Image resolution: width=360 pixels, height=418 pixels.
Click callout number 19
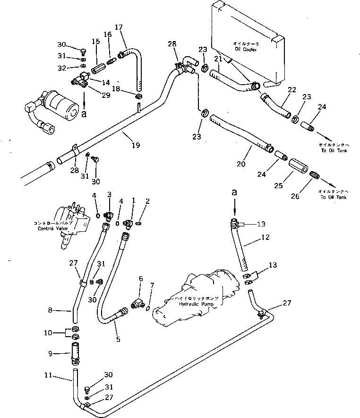136,146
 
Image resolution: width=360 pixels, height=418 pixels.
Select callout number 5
118,339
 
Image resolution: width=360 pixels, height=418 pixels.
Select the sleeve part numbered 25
300,167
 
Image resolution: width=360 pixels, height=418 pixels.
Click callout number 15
96,42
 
